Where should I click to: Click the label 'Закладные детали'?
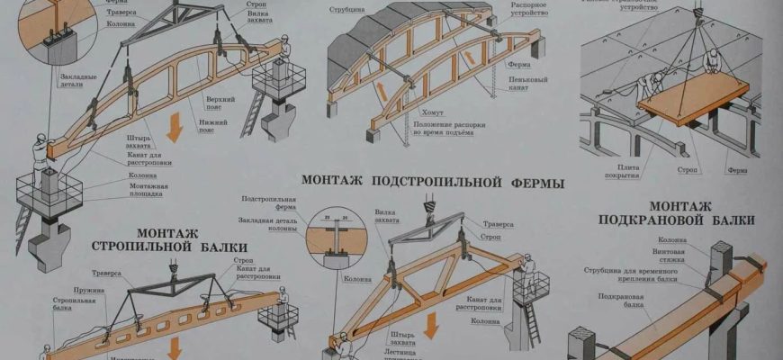[x=79, y=81]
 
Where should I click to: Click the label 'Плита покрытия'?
[x=628, y=172]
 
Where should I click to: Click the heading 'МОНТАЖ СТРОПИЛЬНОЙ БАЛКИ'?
[x=169, y=238]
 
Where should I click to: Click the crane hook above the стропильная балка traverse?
[x=171, y=265]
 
